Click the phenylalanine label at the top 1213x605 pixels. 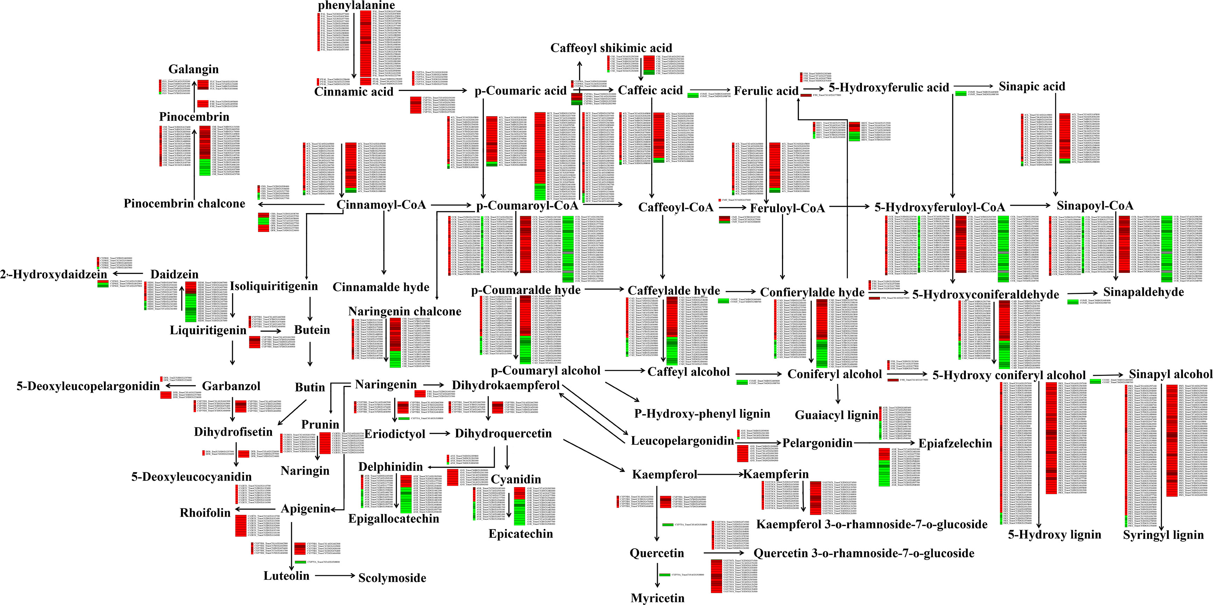coord(356,5)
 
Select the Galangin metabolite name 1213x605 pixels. coord(194,69)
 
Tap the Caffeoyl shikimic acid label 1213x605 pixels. coord(611,48)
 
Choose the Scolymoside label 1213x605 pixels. coord(392,578)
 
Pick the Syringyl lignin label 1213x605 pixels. coord(1163,535)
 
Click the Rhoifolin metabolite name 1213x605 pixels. coord(205,513)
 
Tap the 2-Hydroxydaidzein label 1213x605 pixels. coord(54,274)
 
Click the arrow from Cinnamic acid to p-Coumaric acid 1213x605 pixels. coord(434,90)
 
